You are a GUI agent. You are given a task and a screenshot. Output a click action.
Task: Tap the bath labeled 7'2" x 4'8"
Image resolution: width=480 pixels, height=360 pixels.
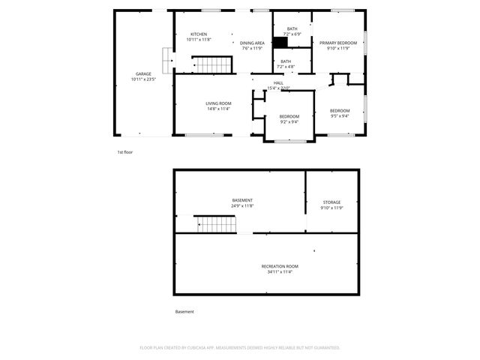point(286,64)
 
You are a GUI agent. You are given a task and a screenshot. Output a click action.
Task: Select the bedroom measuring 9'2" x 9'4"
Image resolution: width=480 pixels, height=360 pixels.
point(289,118)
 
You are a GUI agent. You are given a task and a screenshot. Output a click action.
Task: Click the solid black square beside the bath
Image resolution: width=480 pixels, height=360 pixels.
point(280,43)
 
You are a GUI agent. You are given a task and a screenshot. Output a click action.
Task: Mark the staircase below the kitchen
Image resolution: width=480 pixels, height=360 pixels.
point(213,65)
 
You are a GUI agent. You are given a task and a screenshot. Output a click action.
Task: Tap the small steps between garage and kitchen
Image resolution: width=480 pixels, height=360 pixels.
point(166,58)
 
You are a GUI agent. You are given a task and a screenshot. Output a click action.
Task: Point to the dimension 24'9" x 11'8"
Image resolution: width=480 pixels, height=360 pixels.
point(242,206)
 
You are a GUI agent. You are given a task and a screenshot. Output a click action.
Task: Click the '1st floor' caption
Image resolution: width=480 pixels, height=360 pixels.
point(125,152)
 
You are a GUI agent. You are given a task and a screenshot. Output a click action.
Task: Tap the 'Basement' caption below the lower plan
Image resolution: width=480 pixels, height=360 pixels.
point(184,311)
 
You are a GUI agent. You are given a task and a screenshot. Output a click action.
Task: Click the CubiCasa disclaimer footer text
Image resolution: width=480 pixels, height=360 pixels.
point(240,348)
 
